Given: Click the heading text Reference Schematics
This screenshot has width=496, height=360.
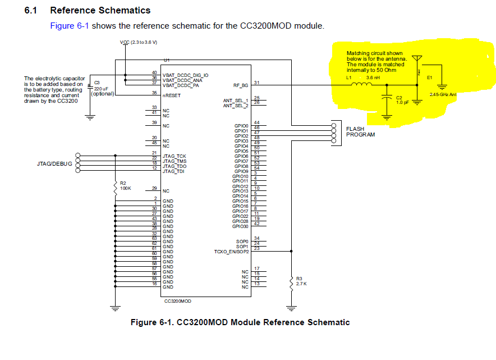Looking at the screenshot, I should coord(100,10).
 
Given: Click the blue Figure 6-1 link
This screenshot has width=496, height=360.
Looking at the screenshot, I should coord(70,26).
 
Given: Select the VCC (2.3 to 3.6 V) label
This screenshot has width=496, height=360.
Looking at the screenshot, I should coord(139,43).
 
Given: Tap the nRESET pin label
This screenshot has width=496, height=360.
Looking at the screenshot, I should coord(172,95).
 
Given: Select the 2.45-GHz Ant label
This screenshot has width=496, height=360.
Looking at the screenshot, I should coord(443,94).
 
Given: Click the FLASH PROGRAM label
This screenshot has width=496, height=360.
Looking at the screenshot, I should coord(360,132).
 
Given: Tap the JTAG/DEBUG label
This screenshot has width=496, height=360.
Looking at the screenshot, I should coord(54,164).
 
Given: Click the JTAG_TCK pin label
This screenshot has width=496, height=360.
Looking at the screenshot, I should coord(174,156).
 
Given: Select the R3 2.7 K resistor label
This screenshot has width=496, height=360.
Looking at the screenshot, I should coord(301,281).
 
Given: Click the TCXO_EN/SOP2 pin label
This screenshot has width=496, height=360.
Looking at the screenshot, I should coord(231,251).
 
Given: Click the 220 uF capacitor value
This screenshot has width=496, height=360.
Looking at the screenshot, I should coord(101,89).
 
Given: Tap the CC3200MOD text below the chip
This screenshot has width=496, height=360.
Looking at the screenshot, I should coord(178,301).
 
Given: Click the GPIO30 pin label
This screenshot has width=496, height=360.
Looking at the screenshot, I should coord(240,226).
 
